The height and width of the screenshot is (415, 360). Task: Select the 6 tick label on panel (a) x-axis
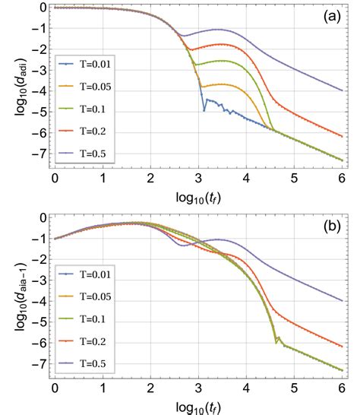point(342,182)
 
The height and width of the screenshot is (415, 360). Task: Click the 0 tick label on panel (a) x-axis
point(55,182)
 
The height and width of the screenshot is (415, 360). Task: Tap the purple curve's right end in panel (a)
point(342,90)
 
